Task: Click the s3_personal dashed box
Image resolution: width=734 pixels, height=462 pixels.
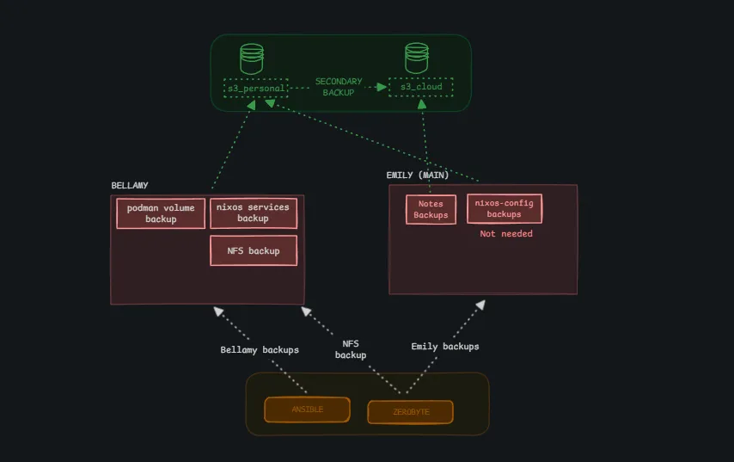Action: tap(255, 88)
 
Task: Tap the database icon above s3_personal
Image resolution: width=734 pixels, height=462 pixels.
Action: tap(251, 59)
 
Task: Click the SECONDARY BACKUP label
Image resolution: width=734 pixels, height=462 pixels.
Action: tap(339, 87)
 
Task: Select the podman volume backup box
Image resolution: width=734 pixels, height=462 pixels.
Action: tap(161, 213)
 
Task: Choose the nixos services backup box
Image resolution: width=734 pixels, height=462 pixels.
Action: tap(253, 213)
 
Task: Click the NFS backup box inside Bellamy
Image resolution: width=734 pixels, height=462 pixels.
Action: tap(253, 250)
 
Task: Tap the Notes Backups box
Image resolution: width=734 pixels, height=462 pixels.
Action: tap(431, 209)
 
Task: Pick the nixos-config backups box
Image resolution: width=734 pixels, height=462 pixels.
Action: tap(504, 208)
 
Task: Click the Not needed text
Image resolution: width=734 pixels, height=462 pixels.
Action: tap(505, 234)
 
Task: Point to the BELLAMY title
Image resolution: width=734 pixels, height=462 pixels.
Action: tap(130, 186)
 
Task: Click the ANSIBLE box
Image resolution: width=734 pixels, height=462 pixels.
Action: tap(307, 410)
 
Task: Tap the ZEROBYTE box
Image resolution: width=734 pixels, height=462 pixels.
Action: tap(411, 412)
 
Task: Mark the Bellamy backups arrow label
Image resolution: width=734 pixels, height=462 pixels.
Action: tap(260, 350)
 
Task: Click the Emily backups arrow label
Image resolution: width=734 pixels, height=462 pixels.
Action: tap(444, 347)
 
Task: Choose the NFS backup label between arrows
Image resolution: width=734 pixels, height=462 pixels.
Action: tap(350, 349)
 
